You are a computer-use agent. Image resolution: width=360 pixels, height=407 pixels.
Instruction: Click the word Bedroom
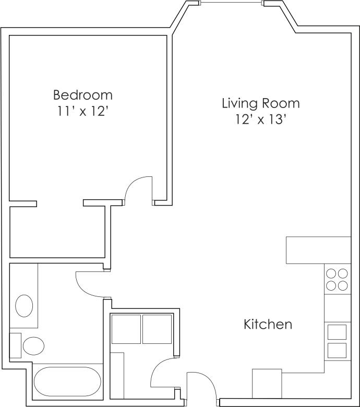pos(83,95)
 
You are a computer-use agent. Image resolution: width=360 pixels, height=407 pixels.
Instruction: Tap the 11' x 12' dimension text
pos(83,112)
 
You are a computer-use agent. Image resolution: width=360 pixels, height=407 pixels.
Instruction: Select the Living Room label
pos(260,103)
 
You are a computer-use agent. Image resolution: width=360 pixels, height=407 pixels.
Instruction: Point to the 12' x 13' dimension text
pos(260,119)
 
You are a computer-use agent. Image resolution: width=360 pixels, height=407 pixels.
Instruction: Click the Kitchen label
pos(268,325)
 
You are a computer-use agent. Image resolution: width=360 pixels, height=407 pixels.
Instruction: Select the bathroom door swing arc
pos(88,284)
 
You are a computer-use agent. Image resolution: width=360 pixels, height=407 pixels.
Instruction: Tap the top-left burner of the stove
pos(331,273)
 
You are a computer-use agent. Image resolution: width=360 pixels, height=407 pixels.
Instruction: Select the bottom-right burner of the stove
pos(343,285)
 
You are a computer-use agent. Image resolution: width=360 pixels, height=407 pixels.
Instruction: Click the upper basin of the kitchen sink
pos(337,332)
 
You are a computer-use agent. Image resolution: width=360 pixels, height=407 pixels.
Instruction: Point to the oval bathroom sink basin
pos(24,306)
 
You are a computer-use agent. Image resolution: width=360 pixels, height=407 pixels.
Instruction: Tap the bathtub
pos(67,381)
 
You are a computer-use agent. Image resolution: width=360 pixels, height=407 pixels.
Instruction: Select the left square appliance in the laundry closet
pos(126,329)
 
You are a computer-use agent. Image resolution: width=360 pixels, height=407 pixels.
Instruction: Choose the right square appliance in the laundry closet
pos(157,329)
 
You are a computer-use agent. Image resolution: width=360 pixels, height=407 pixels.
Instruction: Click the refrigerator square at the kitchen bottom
pos(267,384)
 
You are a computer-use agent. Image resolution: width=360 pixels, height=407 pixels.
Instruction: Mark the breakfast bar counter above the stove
pos(318,250)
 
